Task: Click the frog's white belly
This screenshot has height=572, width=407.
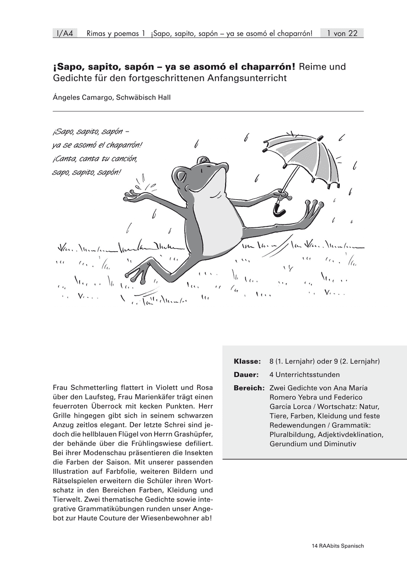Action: pyautogui.click(x=217, y=214)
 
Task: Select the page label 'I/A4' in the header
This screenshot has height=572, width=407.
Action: pyautogui.click(x=62, y=33)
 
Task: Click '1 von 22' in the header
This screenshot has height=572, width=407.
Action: pyautogui.click(x=342, y=33)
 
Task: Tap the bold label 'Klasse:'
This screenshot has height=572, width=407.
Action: pyautogui.click(x=247, y=361)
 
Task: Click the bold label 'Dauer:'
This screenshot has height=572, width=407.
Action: pyautogui.click(x=246, y=375)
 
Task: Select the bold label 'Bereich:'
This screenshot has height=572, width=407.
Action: pyautogui.click(x=248, y=388)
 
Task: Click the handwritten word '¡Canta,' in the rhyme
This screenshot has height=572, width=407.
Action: pyautogui.click(x=66, y=158)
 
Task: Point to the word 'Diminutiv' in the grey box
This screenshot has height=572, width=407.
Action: pyautogui.click(x=340, y=444)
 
